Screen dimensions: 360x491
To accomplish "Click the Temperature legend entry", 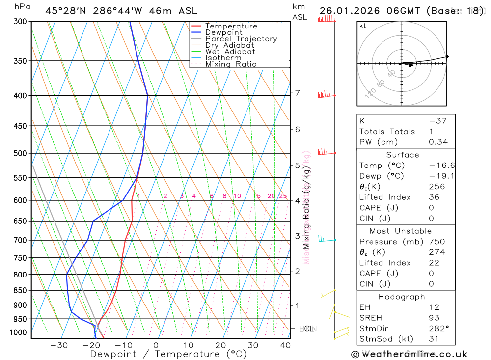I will pyautogui.click(x=231, y=26).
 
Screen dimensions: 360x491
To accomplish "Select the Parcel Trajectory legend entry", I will pyautogui.click(x=241, y=39).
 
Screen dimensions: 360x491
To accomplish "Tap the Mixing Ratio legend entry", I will pyautogui.click(x=231, y=64).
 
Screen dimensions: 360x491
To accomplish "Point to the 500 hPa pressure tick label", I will pyautogui.click(x=21, y=153).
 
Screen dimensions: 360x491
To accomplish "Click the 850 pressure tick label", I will pyautogui.click(x=21, y=290).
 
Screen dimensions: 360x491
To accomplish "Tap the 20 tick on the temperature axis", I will pyautogui.click(x=220, y=345).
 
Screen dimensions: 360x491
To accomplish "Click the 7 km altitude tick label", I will pyautogui.click(x=297, y=93).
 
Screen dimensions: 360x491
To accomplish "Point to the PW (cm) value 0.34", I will pyautogui.click(x=438, y=142).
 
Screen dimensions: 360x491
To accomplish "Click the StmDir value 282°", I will pyautogui.click(x=438, y=329).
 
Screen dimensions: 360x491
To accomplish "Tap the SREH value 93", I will pyautogui.click(x=434, y=318).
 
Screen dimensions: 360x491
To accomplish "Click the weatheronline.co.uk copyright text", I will pyautogui.click(x=409, y=354).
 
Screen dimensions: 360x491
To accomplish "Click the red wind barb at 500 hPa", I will pyautogui.click(x=325, y=152).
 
